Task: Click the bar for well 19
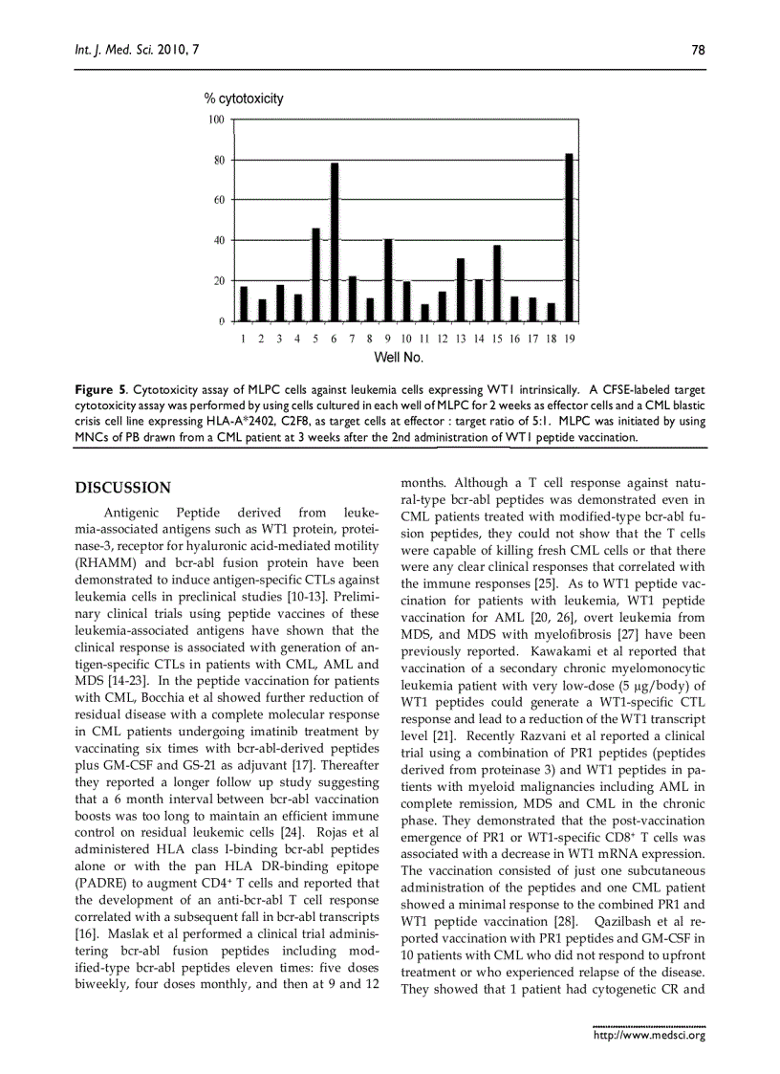click(569, 237)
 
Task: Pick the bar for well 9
click(388, 279)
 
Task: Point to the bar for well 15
click(496, 283)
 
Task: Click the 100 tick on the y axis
click(216, 120)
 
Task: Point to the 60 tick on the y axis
click(219, 200)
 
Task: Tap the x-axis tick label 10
click(406, 339)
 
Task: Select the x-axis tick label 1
click(244, 339)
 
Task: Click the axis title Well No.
click(398, 358)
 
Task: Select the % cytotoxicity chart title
click(244, 99)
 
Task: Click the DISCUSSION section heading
click(123, 488)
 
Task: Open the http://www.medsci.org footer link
click(649, 1035)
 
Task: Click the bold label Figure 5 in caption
click(100, 390)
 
